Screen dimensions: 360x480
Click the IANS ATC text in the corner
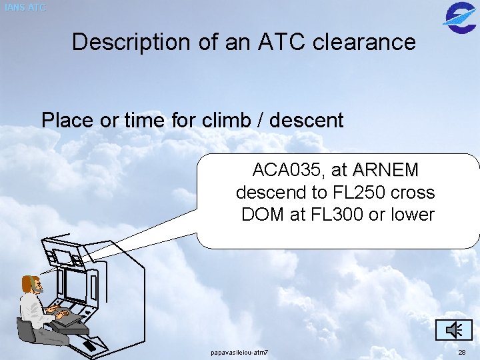[x=24, y=8]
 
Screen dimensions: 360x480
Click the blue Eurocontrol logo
[x=459, y=15]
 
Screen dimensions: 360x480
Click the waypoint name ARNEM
[x=385, y=171]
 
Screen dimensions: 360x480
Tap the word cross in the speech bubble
[x=413, y=193]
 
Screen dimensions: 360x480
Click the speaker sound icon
[x=454, y=329]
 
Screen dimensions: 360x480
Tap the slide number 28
[x=462, y=351]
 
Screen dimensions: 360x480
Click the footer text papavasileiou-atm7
[x=239, y=351]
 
